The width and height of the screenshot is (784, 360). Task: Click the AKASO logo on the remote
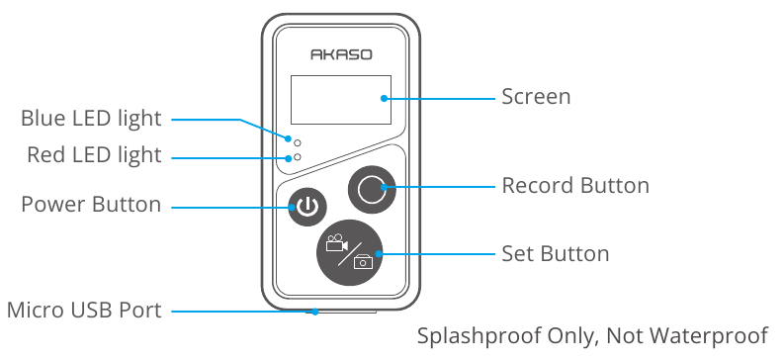coord(341,54)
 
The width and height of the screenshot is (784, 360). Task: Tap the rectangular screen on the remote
coord(341,100)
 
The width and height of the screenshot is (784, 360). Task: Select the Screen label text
coord(536,97)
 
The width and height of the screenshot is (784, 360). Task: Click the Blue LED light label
coord(91,119)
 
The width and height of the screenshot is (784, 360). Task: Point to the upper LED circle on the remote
coord(298,143)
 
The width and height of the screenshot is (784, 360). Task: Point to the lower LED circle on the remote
coord(298,157)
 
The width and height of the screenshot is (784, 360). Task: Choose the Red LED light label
coord(94,155)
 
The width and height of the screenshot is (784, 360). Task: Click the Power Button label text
coord(91,205)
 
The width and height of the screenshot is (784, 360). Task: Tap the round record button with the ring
coord(372,190)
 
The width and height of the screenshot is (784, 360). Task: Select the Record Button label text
coord(575,186)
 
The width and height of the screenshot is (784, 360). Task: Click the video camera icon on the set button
coord(336,242)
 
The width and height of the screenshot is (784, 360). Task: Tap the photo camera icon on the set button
coord(364,261)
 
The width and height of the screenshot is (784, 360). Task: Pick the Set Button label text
coord(556,253)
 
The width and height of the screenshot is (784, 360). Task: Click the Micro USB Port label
coord(84,311)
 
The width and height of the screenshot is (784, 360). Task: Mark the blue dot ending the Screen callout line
coord(384,99)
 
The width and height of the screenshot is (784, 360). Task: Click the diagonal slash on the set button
coord(350,252)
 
